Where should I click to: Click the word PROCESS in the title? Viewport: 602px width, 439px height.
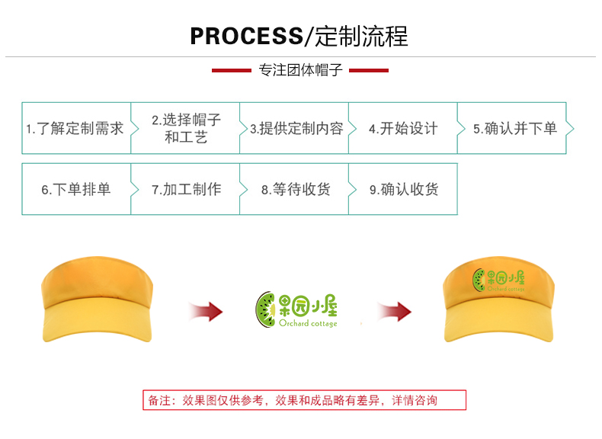[x=245, y=36]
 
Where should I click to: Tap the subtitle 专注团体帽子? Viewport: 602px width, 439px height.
[x=300, y=70]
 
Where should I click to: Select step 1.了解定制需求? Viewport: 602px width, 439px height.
[x=75, y=128]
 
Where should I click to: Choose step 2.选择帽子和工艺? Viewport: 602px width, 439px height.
[x=186, y=128]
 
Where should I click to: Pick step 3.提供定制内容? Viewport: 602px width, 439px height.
[x=296, y=128]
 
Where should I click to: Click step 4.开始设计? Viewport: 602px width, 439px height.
[x=403, y=128]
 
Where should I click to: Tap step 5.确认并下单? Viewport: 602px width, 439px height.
[x=515, y=128]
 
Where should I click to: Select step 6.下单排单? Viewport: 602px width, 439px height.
[x=76, y=189]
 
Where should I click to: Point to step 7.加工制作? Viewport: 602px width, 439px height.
[x=186, y=189]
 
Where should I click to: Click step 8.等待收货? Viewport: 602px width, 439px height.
[x=296, y=189]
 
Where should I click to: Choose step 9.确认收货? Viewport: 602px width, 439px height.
[x=404, y=189]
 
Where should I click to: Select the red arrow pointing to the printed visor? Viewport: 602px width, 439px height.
[x=394, y=310]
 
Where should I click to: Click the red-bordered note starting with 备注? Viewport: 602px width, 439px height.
[x=304, y=400]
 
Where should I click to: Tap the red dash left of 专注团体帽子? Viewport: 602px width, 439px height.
[x=231, y=70]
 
